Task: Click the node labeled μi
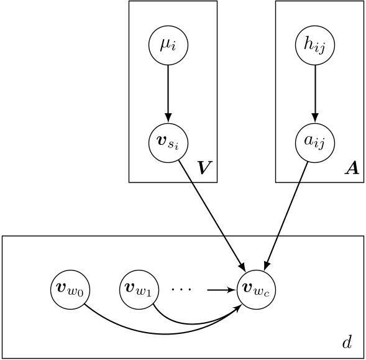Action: (x=167, y=45)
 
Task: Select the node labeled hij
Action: (x=314, y=45)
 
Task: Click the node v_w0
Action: (x=67, y=289)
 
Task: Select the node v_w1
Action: (x=135, y=289)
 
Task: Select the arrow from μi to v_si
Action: (x=167, y=93)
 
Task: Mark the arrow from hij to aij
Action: (x=314, y=93)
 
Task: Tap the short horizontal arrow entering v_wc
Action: (x=222, y=289)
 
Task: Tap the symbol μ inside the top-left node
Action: (x=164, y=45)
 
